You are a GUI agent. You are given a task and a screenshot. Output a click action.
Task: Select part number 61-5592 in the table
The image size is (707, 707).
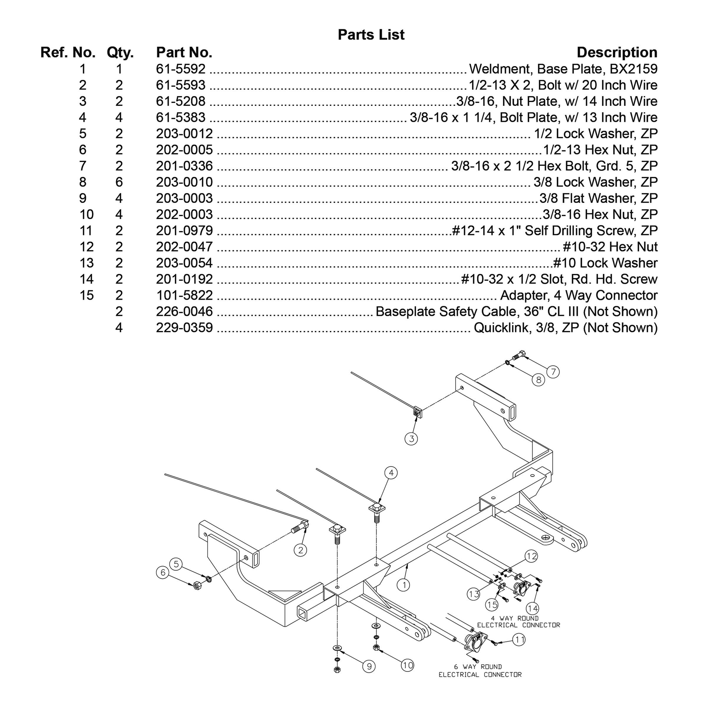click(x=181, y=69)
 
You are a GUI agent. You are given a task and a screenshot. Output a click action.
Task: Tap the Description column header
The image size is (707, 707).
click(x=617, y=52)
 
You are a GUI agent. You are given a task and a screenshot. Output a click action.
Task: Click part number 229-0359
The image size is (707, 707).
click(x=184, y=328)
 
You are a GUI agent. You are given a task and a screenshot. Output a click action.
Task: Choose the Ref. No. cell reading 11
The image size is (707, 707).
click(x=87, y=231)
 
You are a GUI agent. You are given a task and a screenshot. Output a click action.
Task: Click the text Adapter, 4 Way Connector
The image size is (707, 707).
click(x=579, y=295)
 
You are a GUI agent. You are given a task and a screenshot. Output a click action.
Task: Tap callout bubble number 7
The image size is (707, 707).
click(x=553, y=372)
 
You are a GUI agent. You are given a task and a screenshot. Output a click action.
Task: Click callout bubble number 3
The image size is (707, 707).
click(x=411, y=439)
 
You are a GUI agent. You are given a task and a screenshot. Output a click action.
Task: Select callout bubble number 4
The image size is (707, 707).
click(x=391, y=473)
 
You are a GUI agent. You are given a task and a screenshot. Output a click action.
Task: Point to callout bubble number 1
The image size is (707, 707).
click(x=404, y=585)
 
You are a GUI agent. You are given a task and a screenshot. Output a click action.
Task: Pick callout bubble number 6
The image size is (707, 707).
click(x=163, y=572)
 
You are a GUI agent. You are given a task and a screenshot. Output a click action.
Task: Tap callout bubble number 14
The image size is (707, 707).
click(x=532, y=608)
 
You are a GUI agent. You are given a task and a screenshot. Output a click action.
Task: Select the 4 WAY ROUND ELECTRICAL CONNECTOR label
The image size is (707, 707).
click(x=518, y=622)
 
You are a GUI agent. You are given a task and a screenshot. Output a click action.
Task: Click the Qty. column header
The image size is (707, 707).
click(x=120, y=52)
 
